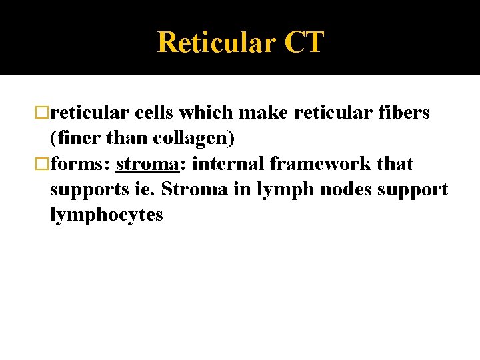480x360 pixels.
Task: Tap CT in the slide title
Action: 304,43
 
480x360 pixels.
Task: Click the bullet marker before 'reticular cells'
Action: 44,113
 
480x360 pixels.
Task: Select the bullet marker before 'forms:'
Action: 44,164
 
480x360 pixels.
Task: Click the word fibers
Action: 405,113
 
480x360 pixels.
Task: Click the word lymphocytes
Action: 106,216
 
